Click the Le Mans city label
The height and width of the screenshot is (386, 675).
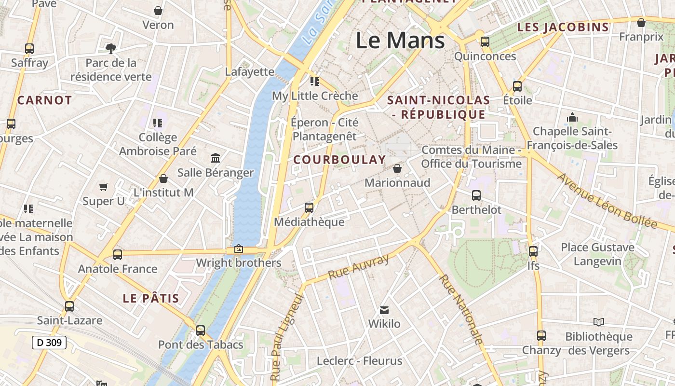tap(400, 41)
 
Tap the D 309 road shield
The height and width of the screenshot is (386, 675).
tap(49, 343)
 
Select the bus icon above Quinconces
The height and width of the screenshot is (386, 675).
tap(485, 42)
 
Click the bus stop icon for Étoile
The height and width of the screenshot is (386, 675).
tap(517, 86)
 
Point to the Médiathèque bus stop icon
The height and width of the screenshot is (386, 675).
tap(309, 208)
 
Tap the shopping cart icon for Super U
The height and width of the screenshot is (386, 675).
tap(104, 187)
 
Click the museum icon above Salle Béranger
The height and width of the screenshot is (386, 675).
tap(216, 158)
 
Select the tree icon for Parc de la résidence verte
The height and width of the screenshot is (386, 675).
tap(111, 48)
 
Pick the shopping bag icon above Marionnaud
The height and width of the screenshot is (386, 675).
tap(397, 168)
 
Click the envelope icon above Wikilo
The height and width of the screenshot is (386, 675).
tap(384, 310)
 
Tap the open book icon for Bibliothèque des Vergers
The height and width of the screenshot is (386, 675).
tap(599, 322)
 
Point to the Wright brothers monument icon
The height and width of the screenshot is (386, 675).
tap(238, 249)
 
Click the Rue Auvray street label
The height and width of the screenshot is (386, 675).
tap(358, 266)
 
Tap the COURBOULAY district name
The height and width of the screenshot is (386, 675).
tap(339, 160)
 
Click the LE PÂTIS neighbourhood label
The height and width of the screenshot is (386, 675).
tap(151, 298)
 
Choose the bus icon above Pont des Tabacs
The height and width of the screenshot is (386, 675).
tap(201, 331)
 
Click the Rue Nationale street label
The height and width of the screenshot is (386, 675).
tap(460, 309)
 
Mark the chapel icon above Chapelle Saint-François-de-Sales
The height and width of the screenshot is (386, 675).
tap(572, 117)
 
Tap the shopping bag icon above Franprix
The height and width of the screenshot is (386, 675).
tap(641, 23)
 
